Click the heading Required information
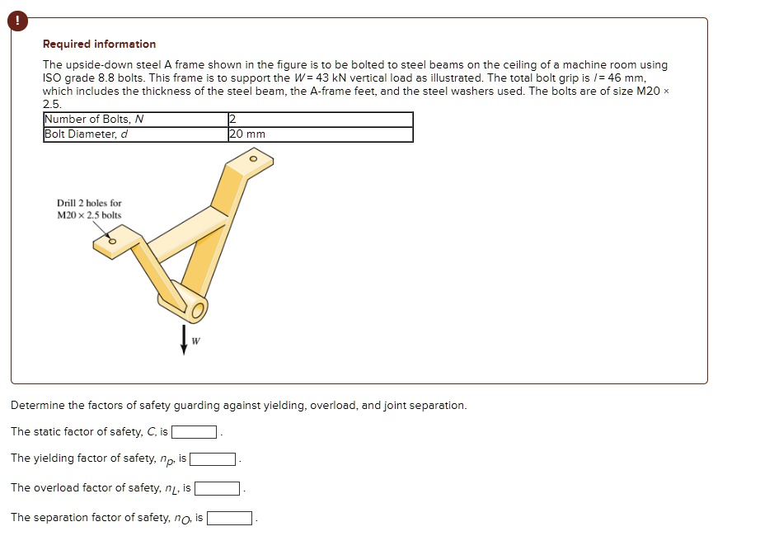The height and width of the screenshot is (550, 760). (x=99, y=45)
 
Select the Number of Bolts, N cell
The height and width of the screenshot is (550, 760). (x=135, y=120)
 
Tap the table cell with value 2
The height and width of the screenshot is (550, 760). (x=320, y=120)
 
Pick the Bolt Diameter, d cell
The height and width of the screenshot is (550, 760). (x=135, y=134)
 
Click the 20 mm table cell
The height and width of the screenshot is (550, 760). (x=320, y=134)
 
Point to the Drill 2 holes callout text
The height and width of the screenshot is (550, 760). (x=89, y=209)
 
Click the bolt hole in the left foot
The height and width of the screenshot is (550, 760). (x=113, y=242)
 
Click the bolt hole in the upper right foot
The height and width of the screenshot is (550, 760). (x=253, y=157)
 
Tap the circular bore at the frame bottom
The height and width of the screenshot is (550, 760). (x=197, y=311)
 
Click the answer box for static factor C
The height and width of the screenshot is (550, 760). (x=194, y=432)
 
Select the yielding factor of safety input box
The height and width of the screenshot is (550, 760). (x=213, y=459)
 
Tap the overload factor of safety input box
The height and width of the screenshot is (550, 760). (x=217, y=489)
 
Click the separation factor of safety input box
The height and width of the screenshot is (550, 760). (x=229, y=519)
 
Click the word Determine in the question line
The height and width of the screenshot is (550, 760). (x=37, y=406)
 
